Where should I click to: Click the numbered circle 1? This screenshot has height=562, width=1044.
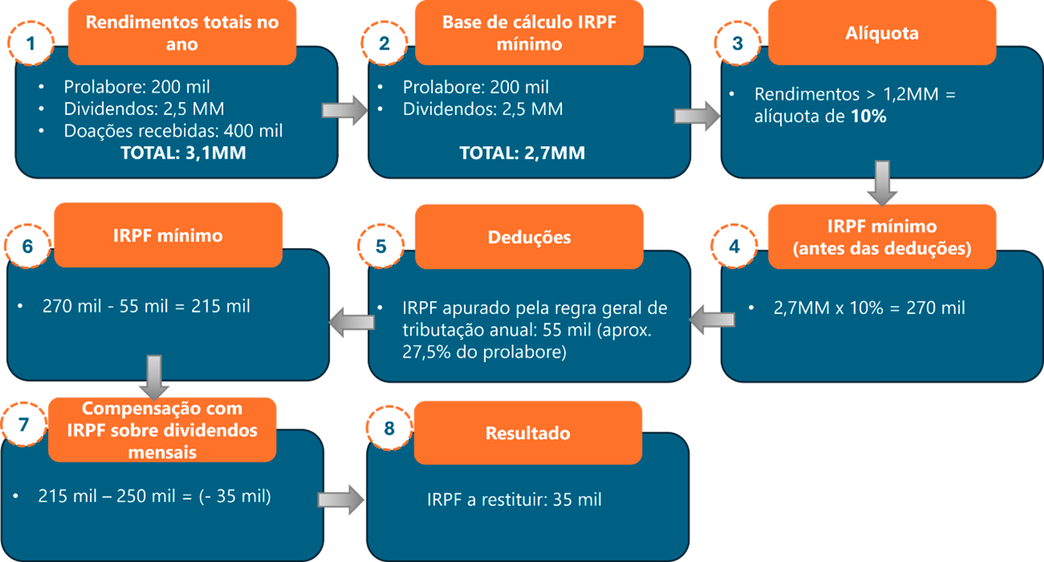31,43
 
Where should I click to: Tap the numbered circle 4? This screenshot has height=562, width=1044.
734,246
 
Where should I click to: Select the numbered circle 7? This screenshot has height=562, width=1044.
24,424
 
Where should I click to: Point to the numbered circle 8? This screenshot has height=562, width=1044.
389,428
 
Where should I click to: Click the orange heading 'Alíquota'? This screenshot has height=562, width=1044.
882,33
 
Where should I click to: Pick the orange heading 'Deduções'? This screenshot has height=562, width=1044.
529,237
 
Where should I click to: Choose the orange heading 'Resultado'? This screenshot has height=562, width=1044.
528,433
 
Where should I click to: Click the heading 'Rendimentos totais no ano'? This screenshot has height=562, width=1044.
182,33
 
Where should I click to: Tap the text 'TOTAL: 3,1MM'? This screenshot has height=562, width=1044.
183,153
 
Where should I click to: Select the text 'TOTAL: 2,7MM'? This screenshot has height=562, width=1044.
522,153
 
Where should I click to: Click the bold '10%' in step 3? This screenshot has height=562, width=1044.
868,116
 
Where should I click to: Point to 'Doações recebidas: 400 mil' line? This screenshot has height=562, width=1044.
173,131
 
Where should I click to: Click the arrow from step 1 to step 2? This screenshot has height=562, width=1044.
345,110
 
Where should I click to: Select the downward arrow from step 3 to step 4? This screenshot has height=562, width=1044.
882,183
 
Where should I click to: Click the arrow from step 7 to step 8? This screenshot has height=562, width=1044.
341,500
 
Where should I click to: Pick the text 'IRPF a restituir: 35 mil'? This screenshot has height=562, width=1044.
514,500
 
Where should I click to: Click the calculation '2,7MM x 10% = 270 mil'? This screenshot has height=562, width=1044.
869,307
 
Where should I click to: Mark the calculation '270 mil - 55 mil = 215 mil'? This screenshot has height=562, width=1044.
146,306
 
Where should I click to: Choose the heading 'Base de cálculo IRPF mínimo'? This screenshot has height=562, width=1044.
529,33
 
